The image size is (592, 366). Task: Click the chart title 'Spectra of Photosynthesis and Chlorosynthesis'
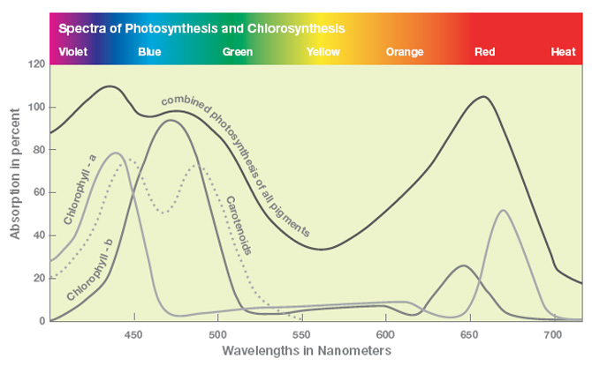201,27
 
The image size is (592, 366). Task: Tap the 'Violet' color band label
73,52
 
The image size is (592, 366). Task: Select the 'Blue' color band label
149,52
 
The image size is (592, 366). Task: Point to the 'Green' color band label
238,52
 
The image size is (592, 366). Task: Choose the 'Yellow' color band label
323,52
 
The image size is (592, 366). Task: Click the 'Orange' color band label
405,52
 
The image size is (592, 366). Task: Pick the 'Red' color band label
484,52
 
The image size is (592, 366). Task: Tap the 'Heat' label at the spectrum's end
563,52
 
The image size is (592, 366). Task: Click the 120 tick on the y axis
36,65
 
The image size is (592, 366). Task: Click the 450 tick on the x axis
133,335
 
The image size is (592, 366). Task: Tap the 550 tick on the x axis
301,335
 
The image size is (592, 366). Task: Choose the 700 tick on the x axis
553,335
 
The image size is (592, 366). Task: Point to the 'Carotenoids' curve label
239,226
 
